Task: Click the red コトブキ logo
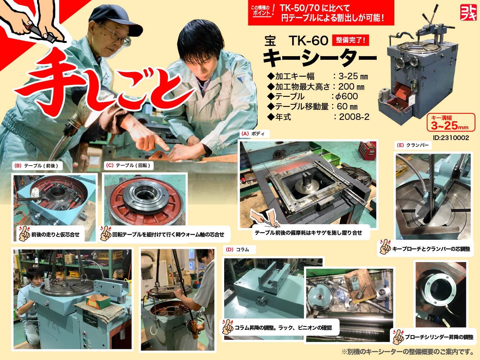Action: click(468, 13)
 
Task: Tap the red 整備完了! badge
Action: click(350, 40)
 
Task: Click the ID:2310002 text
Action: click(451, 138)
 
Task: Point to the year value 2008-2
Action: click(354, 117)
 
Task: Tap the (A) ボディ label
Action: click(255, 134)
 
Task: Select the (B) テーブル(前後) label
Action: click(37, 166)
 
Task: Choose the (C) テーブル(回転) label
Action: click(128, 165)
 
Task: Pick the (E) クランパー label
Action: click(413, 145)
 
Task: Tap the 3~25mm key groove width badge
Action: click(451, 122)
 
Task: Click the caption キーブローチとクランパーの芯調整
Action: click(431, 249)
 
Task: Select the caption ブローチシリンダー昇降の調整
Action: click(439, 337)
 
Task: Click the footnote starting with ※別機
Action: click(408, 352)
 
